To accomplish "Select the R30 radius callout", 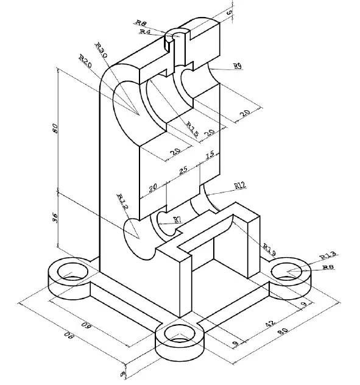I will tap(102, 51).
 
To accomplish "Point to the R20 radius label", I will tap(85, 62).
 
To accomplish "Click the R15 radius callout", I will tap(192, 129).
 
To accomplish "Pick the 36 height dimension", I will tap(55, 219).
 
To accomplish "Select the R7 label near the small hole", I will tap(177, 219).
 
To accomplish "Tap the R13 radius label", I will tap(327, 255).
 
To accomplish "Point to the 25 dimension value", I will tap(180, 171).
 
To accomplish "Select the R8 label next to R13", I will tap(328, 267).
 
